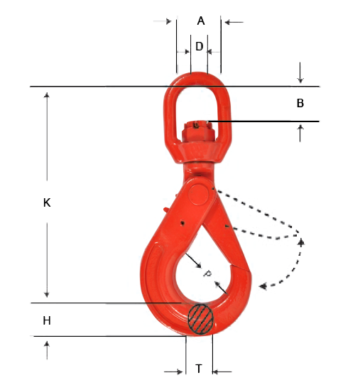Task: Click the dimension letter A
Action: (x=201, y=21)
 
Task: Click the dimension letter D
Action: (x=200, y=47)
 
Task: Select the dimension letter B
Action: (x=300, y=104)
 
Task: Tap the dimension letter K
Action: (x=47, y=202)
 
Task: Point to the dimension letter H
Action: (x=47, y=321)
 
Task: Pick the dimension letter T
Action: (x=199, y=369)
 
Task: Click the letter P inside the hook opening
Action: (x=207, y=273)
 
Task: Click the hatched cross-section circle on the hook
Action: (x=201, y=318)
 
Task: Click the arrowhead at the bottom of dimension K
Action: (x=47, y=293)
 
